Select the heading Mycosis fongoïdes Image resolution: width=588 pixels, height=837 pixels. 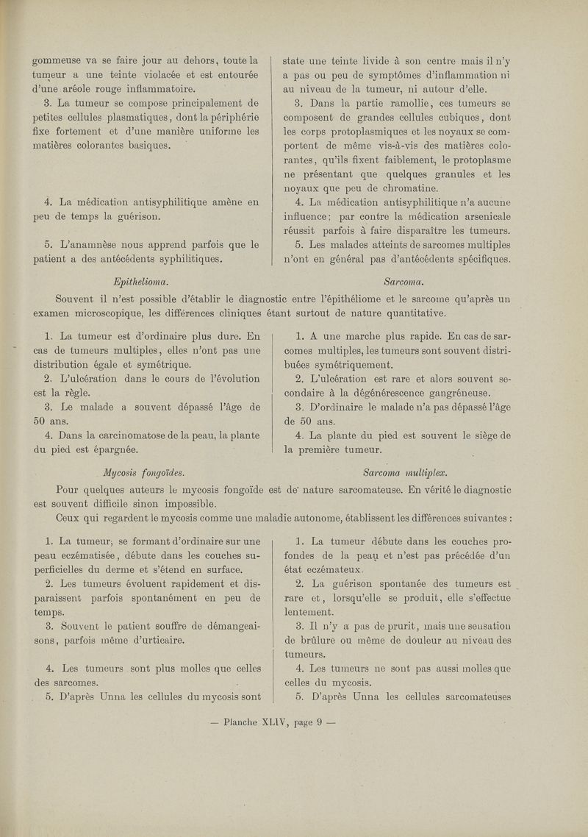pyautogui.click(x=146, y=471)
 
